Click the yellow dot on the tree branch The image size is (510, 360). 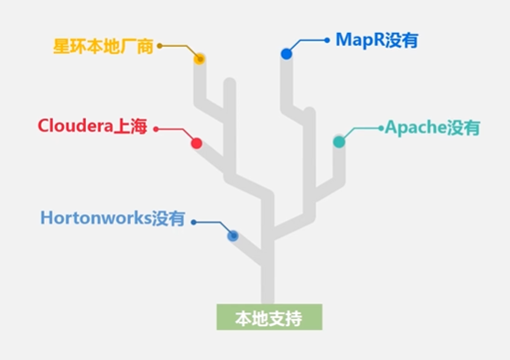click(x=200, y=60)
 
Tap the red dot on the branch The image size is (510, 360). click(x=196, y=143)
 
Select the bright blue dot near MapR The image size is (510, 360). click(x=287, y=54)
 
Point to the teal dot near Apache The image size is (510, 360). click(x=339, y=141)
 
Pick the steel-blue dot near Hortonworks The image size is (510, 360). click(x=233, y=235)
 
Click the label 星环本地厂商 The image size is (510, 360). click(x=103, y=45)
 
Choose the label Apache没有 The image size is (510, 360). click(x=431, y=127)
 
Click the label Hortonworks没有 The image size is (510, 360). click(x=113, y=219)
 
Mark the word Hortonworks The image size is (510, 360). click(x=96, y=219)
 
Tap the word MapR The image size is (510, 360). click(x=353, y=39)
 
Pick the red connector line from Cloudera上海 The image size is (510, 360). click(x=174, y=130)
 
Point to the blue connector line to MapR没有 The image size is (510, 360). click(x=309, y=40)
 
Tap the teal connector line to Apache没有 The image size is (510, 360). click(x=364, y=128)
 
